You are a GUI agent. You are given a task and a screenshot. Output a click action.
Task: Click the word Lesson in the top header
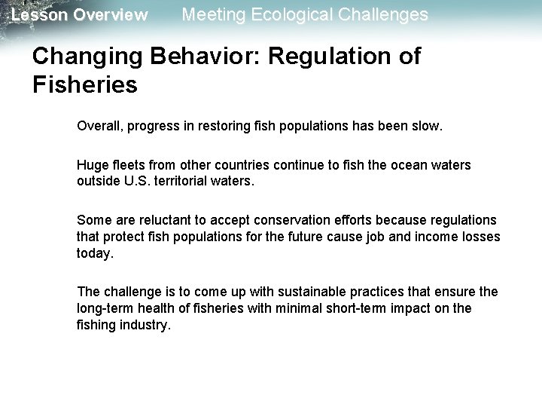point(36,15)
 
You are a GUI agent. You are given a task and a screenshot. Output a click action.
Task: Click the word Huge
point(91,164)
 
